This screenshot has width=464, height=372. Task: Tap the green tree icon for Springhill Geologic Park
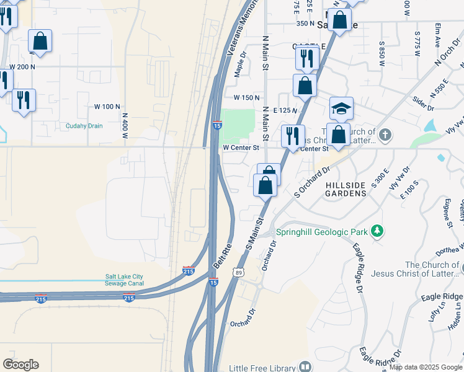[377, 231]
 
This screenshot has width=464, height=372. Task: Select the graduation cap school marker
[341, 108]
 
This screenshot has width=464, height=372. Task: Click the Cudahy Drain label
[84, 126]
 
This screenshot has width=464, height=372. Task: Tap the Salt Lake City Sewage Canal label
[124, 280]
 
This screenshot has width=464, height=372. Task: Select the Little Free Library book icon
[305, 367]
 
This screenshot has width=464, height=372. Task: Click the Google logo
[20, 365]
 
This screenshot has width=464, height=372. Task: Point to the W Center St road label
[241, 148]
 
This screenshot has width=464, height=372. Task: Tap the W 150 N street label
[246, 98]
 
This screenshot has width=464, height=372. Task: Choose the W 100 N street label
[108, 107]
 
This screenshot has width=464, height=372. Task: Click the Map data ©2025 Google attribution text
[425, 367]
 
